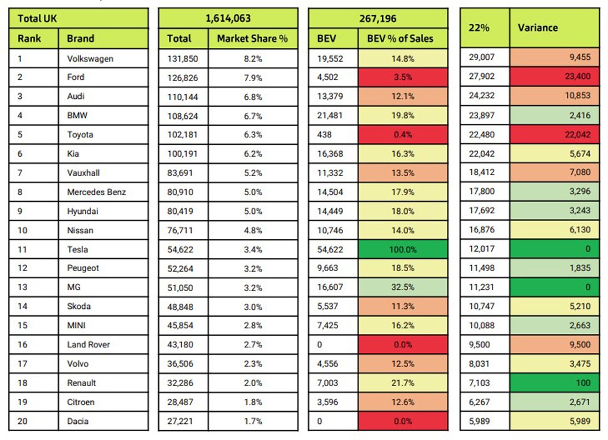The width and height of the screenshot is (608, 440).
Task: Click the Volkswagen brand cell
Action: (x=90, y=58)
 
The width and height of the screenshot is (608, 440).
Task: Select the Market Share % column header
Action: (x=252, y=38)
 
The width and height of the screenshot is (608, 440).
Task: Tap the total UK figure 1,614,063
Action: (x=228, y=18)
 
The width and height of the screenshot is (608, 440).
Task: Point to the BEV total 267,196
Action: (x=378, y=18)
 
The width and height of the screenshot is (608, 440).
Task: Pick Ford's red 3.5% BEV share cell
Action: (x=403, y=77)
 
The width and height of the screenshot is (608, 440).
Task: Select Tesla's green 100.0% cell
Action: (x=403, y=249)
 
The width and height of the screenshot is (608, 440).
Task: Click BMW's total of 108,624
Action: (x=183, y=116)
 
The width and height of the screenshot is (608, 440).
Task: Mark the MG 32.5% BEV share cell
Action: (x=403, y=287)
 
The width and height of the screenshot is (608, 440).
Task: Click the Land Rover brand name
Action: (x=88, y=344)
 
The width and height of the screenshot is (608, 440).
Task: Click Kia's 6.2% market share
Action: (x=251, y=154)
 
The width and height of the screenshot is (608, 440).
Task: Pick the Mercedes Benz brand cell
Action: (x=96, y=192)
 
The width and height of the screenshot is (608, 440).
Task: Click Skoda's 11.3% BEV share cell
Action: (x=403, y=306)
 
